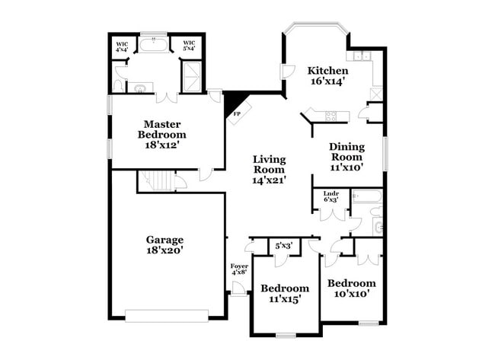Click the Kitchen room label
pyautogui.click(x=328, y=70)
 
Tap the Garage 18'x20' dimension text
pyautogui.click(x=164, y=250)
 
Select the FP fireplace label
pyautogui.click(x=236, y=114)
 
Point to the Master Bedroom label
pyautogui.click(x=162, y=129)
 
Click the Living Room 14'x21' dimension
pyautogui.click(x=270, y=180)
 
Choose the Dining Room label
pyautogui.click(x=346, y=151)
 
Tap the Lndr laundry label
pyautogui.click(x=331, y=194)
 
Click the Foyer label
pyautogui.click(x=239, y=266)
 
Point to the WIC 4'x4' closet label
pyautogui.click(x=122, y=46)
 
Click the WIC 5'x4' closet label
pyautogui.click(x=189, y=46)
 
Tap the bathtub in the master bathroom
pyautogui.click(x=154, y=45)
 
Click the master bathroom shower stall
pyautogui.click(x=192, y=77)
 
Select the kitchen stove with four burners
pyautogui.click(x=331, y=116)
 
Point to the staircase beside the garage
pyautogui.click(x=157, y=180)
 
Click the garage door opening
pyautogui.click(x=167, y=316)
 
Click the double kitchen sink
pyautogui.click(x=362, y=56)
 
